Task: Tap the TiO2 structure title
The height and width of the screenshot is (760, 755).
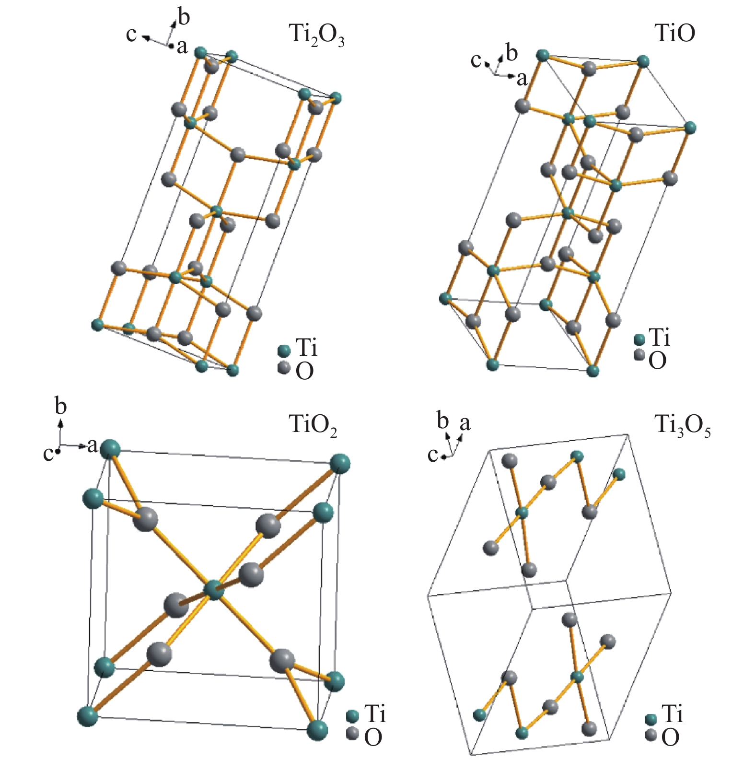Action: (x=313, y=425)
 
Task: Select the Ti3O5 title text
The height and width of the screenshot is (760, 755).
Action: (x=682, y=426)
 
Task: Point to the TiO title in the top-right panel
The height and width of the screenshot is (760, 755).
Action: (x=674, y=34)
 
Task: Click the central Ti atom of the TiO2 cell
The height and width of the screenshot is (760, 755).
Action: (x=214, y=590)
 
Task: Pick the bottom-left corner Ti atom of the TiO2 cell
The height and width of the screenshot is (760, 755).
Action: (x=88, y=716)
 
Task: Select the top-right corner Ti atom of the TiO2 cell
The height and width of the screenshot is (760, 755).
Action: (x=340, y=463)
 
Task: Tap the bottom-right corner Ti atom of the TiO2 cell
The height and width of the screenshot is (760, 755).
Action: (x=317, y=730)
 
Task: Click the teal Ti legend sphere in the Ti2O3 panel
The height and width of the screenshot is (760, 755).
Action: (x=284, y=351)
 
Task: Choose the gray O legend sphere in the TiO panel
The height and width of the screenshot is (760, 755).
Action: (x=639, y=355)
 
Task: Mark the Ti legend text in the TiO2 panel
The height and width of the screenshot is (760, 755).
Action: (x=375, y=714)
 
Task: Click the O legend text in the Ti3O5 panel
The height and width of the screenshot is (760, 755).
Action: (x=670, y=737)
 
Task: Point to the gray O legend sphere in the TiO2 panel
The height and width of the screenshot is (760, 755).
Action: (x=353, y=733)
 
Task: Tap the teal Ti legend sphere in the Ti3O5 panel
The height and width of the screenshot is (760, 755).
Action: (x=650, y=719)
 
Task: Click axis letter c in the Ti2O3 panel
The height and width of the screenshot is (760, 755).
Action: (x=131, y=35)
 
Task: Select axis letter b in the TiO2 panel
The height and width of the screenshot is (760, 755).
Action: (x=60, y=407)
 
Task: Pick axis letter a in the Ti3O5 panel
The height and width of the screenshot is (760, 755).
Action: (x=465, y=423)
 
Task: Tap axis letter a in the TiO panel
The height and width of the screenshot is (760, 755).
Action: (x=522, y=79)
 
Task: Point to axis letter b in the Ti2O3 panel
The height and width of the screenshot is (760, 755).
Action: (x=184, y=17)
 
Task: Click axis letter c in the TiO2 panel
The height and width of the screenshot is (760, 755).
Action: (x=48, y=454)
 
